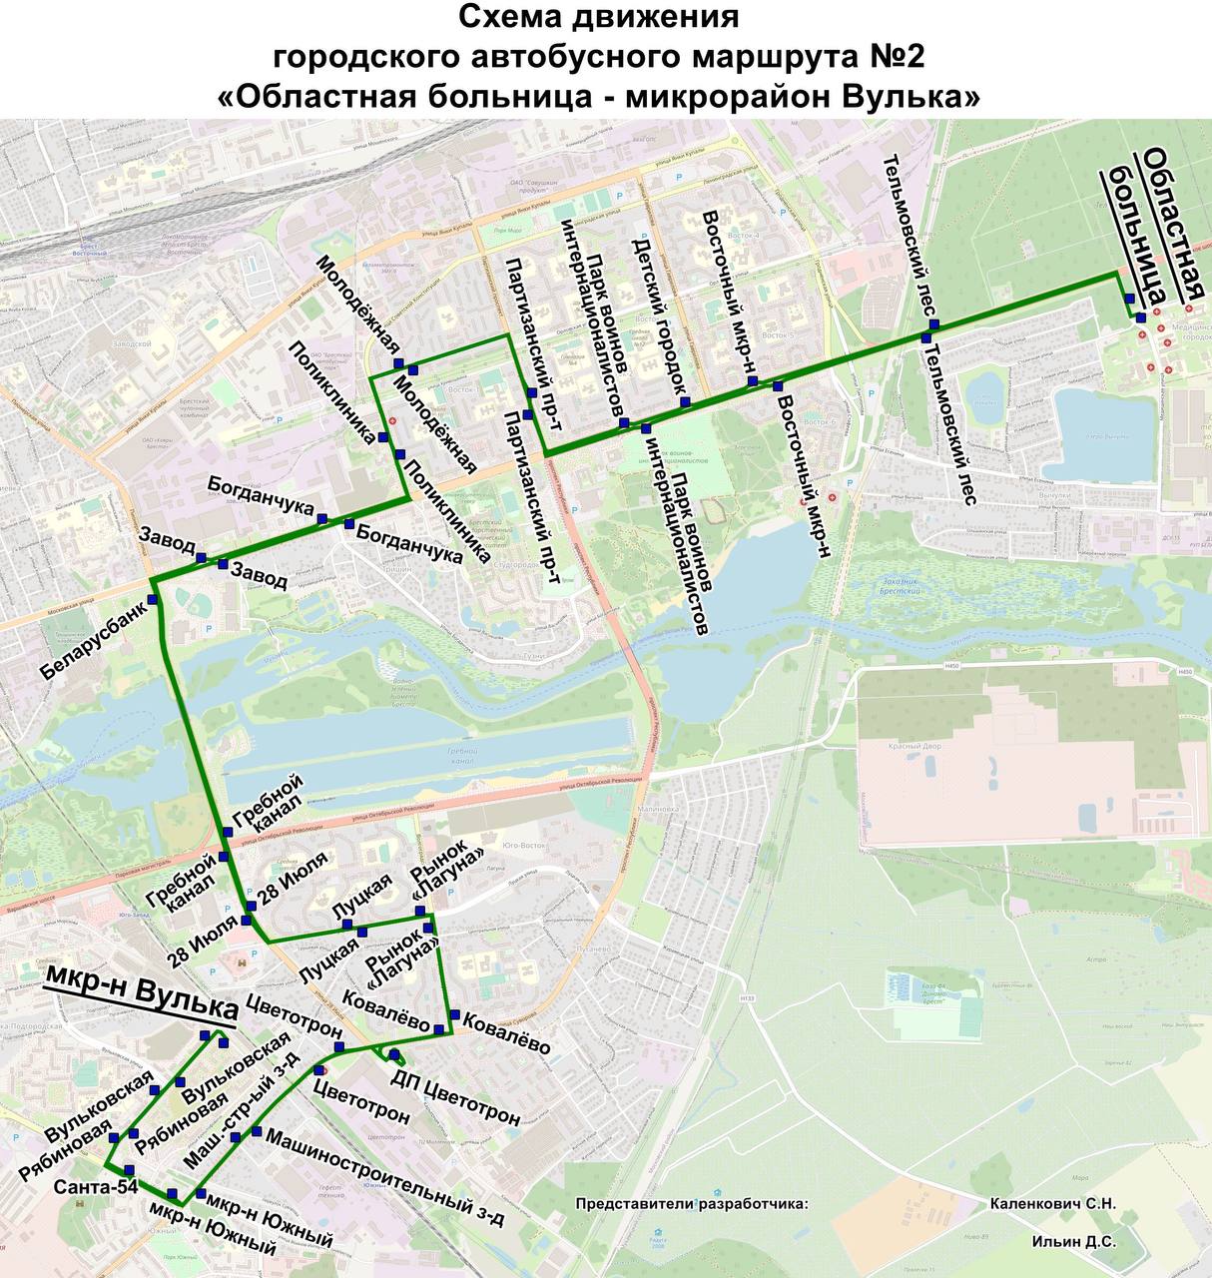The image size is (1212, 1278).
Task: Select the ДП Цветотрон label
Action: pos(454,1099)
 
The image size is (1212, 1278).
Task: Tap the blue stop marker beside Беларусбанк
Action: pos(153,599)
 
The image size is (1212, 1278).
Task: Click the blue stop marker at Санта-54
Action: pos(129,1169)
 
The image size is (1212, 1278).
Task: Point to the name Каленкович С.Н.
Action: pos(1052,1204)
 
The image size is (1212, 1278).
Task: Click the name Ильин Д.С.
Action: pos(1073,1243)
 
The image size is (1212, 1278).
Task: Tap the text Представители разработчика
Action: pos(691,1204)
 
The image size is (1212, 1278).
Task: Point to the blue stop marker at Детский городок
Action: pos(685,401)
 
